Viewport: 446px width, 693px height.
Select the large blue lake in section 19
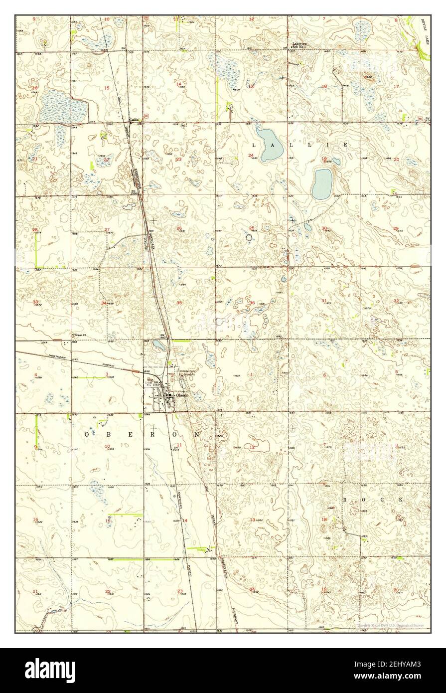tap(322, 183)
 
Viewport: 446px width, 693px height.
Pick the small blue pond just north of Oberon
tap(159, 346)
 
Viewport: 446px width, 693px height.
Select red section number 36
tap(253, 303)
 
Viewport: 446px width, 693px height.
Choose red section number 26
tap(179, 228)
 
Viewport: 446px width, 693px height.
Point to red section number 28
tap(35, 230)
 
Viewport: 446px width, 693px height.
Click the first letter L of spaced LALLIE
tap(254, 145)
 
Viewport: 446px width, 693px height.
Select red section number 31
tap(324, 301)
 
